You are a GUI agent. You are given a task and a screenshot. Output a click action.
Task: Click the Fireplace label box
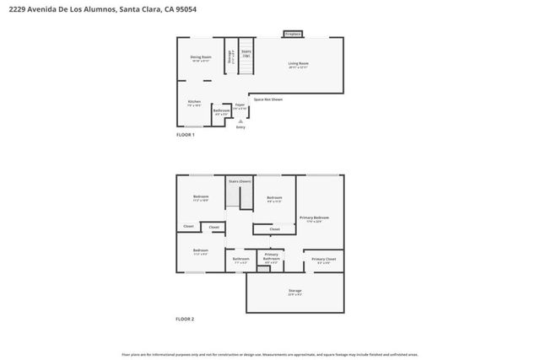coord(293,35)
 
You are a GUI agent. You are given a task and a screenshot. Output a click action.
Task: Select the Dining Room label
coord(200,58)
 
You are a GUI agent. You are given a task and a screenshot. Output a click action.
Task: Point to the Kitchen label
coord(194,104)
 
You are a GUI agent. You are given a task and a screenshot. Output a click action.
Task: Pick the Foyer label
coord(240,107)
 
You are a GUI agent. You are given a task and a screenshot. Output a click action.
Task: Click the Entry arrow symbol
coord(240,121)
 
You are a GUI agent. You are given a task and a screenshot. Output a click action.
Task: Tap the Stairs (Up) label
coord(246,53)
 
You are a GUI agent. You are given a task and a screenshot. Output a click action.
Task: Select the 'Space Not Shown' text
coord(267,99)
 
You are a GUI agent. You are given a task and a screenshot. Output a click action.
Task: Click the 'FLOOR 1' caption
coord(185,135)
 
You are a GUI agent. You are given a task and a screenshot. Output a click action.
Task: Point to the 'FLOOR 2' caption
coord(185,319)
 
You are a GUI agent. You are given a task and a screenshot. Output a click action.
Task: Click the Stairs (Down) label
coord(240,181)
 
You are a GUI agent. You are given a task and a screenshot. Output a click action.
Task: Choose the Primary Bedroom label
coord(314,218)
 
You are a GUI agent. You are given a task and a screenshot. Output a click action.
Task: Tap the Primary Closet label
coord(324,261)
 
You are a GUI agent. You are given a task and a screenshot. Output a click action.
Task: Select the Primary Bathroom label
coord(272,256)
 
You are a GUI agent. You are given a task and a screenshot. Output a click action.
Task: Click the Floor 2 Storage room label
coord(294,292)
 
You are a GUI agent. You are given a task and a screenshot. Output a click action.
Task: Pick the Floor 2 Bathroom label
coord(241,260)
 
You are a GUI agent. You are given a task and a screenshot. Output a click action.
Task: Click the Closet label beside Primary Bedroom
coord(275,228)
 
